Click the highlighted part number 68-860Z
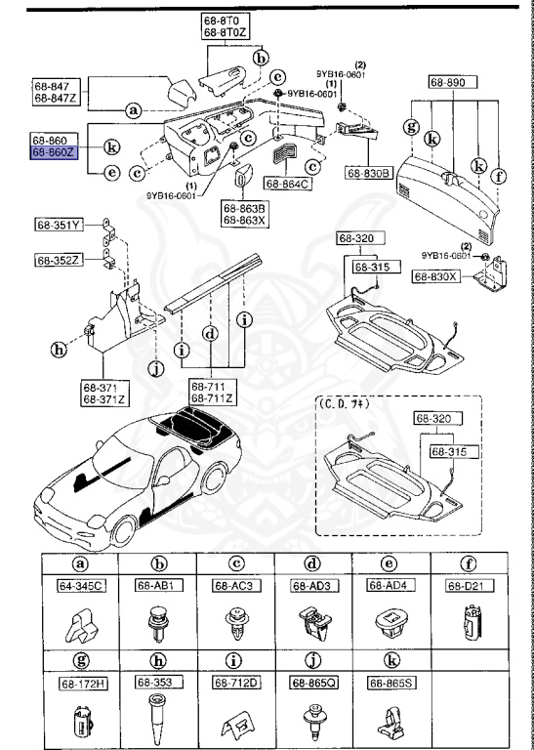point(53,153)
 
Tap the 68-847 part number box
point(54,86)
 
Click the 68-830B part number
point(368,174)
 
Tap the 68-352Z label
point(59,260)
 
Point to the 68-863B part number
point(242,207)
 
